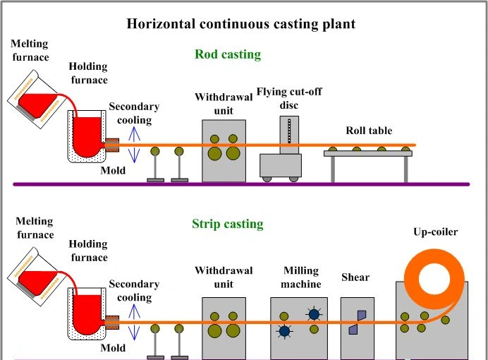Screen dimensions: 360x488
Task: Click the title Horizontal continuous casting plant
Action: [240, 24]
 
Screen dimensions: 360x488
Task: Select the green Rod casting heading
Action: [228, 54]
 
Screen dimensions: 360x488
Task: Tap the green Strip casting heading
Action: [227, 224]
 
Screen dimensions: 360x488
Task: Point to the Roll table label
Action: [369, 131]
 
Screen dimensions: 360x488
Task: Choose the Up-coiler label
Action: [435, 232]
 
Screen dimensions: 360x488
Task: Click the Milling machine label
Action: [302, 277]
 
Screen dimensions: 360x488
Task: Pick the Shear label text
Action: [355, 277]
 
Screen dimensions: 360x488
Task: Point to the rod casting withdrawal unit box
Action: [224, 150]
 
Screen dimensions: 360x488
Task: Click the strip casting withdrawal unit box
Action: [224, 328]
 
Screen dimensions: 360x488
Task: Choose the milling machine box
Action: [298, 328]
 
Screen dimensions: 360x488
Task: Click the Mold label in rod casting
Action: [113, 170]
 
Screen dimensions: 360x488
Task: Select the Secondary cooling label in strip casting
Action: [134, 291]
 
